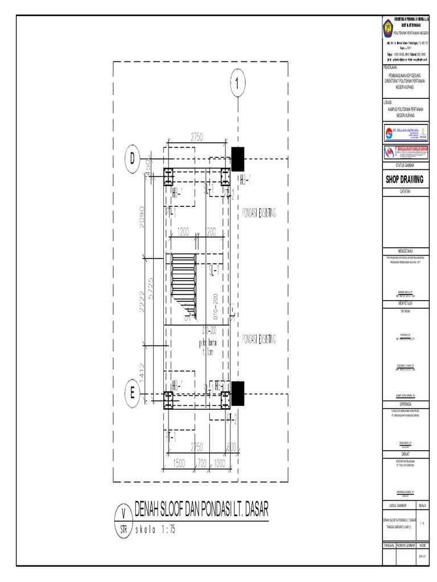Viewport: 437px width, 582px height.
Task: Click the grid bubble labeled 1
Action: tap(237, 84)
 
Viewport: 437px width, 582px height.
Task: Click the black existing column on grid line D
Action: tap(237, 159)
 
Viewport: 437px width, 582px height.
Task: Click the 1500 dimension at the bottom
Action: tap(180, 464)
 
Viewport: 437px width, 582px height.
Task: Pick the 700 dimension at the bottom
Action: tap(203, 464)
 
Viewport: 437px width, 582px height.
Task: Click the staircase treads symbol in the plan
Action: tap(183, 273)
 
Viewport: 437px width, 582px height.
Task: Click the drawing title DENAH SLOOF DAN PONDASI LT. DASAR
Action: tap(200, 509)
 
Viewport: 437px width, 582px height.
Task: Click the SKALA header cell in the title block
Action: tap(422, 505)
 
